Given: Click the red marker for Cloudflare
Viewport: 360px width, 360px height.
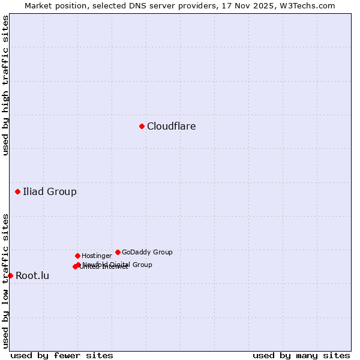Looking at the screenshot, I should pyautogui.click(x=142, y=126).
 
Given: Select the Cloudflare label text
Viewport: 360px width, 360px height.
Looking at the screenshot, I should pyautogui.click(x=171, y=126).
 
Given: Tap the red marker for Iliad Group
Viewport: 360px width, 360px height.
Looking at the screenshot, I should pyautogui.click(x=18, y=191).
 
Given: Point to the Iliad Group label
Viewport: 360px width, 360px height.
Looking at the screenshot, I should pyautogui.click(x=50, y=192).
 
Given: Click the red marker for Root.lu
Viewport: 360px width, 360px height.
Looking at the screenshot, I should pyautogui.click(x=10, y=275).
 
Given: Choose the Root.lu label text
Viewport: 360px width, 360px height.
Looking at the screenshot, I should pyautogui.click(x=32, y=276).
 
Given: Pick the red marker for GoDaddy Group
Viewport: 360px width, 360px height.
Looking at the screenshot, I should pyautogui.click(x=118, y=252).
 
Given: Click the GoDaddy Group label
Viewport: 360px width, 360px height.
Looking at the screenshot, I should pyautogui.click(x=147, y=253).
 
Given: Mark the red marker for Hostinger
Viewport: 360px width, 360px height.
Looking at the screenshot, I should pyautogui.click(x=77, y=256).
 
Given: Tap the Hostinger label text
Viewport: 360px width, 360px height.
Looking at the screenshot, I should pyautogui.click(x=97, y=256).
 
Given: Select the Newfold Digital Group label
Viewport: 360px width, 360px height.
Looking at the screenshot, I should pyautogui.click(x=118, y=265).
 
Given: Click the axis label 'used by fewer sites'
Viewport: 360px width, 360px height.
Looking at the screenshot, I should pyautogui.click(x=62, y=355).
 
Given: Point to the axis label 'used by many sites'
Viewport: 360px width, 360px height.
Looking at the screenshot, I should pyautogui.click(x=301, y=355).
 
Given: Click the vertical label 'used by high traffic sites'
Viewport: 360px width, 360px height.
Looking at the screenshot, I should pyautogui.click(x=5, y=85).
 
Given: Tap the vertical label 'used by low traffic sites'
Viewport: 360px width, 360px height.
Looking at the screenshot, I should pyautogui.click(x=5, y=281).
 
